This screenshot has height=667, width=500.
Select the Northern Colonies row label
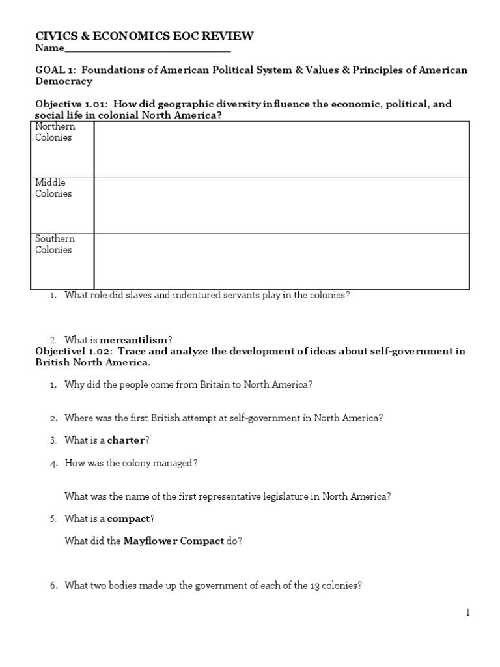tap(55, 132)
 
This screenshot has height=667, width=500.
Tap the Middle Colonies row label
tap(53, 188)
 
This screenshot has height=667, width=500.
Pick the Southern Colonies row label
tap(55, 244)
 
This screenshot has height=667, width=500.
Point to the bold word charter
tap(126, 440)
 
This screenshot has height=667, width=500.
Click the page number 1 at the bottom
tap(467, 612)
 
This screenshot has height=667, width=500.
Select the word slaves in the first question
tap(137, 295)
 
